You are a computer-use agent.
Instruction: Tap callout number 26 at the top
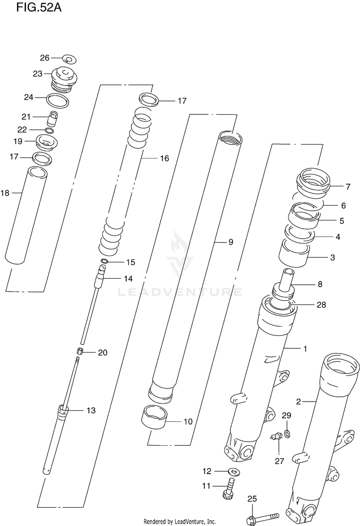click(x=45, y=58)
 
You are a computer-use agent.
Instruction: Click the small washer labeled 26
click(x=69, y=60)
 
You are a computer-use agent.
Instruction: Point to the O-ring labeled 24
click(x=57, y=101)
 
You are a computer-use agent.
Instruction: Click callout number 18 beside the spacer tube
click(x=5, y=193)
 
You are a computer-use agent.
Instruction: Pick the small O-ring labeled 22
click(x=49, y=131)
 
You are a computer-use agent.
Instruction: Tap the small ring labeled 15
click(x=104, y=262)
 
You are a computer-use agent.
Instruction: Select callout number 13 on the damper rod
click(x=91, y=410)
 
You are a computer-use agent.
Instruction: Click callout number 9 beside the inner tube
click(x=230, y=242)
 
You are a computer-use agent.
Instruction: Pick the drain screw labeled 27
click(x=275, y=437)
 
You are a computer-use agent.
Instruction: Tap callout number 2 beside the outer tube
click(x=298, y=401)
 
